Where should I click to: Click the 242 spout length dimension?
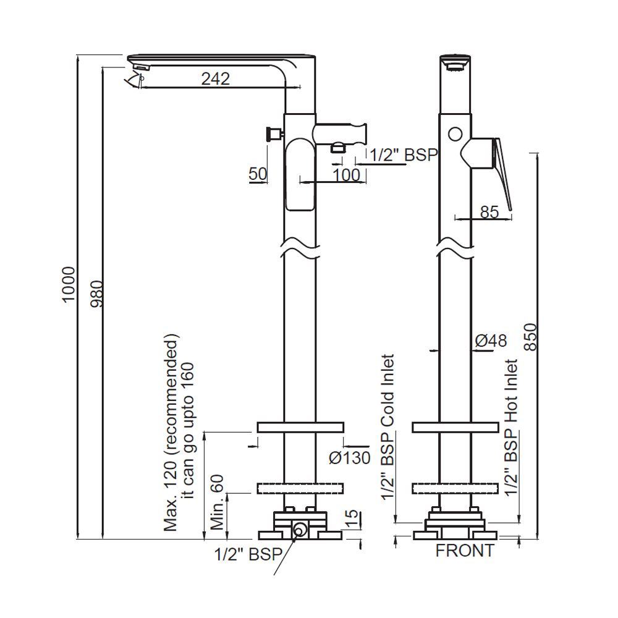[x=214, y=78]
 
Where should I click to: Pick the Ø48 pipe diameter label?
[x=491, y=340]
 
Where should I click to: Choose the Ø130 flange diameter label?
[x=349, y=457]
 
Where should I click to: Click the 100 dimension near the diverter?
[x=346, y=175]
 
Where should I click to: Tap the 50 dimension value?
[x=258, y=174]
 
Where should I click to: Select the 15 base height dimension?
[x=350, y=517]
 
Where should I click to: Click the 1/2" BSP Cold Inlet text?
[x=387, y=426]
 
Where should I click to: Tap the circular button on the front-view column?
[x=456, y=133]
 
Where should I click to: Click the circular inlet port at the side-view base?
[x=300, y=529]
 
